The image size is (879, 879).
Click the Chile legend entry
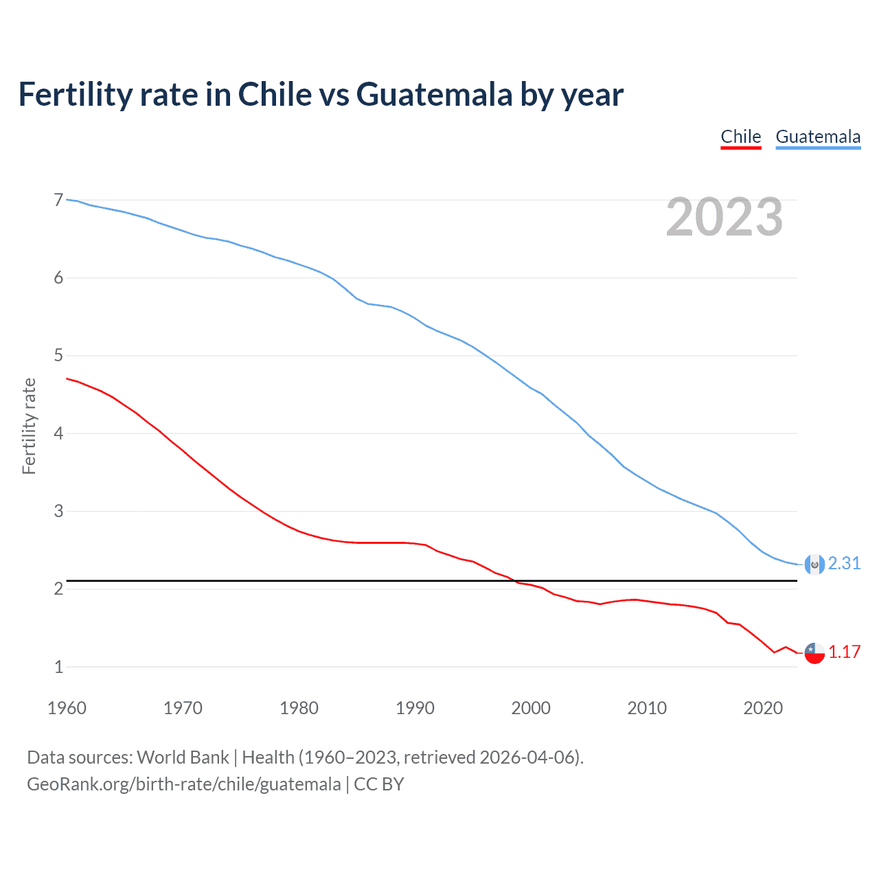740,137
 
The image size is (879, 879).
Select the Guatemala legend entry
817,137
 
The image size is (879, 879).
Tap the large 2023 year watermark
724,217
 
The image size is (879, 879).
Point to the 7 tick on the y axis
58,200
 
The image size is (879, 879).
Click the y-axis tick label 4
58,433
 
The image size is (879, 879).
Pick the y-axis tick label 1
58,667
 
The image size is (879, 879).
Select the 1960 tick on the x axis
67,708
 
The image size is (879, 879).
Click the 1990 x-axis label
415,708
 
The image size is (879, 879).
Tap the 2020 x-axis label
762,708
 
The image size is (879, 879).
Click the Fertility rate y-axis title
29,426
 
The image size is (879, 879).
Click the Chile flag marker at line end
814,653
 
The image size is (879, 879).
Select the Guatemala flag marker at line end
814,564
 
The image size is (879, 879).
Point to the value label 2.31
844,564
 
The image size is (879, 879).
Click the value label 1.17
844,652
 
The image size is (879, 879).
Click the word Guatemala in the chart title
434,95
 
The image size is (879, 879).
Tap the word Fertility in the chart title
74,95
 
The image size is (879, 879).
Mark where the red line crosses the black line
514,581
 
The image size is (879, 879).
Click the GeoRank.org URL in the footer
183,784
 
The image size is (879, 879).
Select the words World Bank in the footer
183,757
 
